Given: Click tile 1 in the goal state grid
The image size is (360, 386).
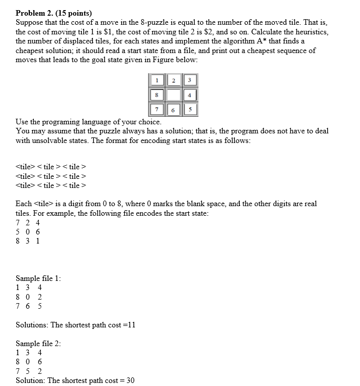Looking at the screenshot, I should (157, 80).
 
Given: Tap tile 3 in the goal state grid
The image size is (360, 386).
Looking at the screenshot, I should (189, 80).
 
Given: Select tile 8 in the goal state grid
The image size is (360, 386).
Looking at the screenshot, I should (157, 94).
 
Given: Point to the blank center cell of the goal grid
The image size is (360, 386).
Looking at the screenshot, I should (173, 94).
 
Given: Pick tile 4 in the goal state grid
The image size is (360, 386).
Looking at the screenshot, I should (189, 94).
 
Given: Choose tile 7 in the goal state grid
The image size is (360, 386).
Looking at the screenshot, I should (157, 109).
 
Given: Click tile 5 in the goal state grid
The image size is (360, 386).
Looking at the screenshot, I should (189, 109).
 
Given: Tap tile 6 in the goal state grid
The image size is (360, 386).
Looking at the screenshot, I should (173, 110).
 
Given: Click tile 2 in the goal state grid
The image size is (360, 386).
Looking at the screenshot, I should (173, 80).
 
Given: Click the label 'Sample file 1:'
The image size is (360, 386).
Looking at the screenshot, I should (39, 278).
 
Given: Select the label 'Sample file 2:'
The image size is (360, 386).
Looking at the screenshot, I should (39, 343).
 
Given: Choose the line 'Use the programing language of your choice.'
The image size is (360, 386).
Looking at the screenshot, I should (88, 122).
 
